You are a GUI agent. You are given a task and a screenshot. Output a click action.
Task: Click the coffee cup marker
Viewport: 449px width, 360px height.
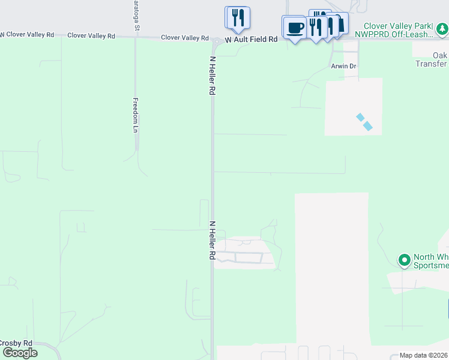click(x=294, y=28)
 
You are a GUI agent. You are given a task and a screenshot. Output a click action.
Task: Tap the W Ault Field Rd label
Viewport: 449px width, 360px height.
click(x=252, y=39)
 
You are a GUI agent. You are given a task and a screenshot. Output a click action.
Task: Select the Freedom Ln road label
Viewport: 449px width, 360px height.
click(x=136, y=115)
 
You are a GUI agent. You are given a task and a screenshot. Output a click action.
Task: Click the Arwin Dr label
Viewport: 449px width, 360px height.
click(x=343, y=66)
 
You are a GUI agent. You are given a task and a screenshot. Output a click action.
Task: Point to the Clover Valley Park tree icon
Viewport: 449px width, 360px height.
click(x=442, y=28)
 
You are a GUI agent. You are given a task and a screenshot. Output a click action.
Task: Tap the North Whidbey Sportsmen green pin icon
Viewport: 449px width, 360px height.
click(x=405, y=260)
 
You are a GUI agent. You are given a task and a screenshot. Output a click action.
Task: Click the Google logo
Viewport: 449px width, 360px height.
click(x=19, y=353)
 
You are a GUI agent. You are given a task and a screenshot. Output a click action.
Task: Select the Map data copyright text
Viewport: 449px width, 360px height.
click(x=423, y=355)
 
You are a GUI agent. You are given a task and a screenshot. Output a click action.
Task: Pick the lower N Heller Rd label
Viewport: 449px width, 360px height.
click(x=212, y=240)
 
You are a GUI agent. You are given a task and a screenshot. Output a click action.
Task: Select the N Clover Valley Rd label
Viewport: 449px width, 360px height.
click(x=27, y=35)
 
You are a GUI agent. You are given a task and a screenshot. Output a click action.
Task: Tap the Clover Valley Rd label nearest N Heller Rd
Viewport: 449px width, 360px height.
click(x=184, y=38)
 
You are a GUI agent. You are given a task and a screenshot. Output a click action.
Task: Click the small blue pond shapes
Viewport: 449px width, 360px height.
click(x=364, y=122)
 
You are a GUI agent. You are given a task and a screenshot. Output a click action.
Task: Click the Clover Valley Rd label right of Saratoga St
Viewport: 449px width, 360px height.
click(x=91, y=36)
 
